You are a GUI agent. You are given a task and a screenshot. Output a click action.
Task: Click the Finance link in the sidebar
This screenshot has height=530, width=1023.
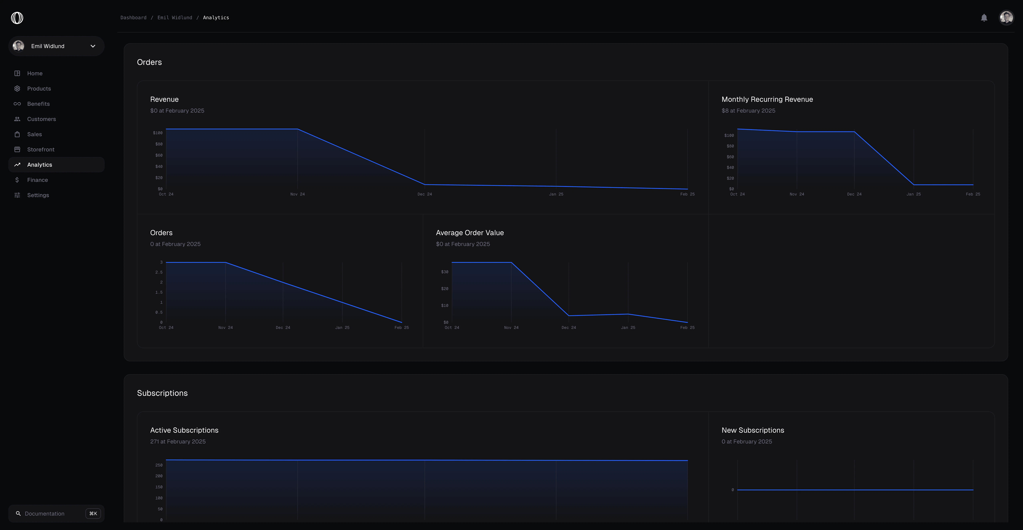click(x=37, y=180)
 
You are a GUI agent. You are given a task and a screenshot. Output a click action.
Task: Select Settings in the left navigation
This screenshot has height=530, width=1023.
click(x=38, y=195)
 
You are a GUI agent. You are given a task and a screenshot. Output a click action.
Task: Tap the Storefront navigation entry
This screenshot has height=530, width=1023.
click(x=40, y=149)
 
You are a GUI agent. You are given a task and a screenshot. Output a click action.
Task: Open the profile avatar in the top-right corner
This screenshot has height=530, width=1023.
click(x=1006, y=17)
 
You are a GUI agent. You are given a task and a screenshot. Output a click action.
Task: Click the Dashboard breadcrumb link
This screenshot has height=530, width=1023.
click(x=133, y=17)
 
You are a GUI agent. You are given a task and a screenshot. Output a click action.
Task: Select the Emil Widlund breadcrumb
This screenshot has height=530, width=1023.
click(x=175, y=17)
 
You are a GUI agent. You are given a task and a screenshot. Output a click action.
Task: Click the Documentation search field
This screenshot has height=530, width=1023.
click(x=44, y=514)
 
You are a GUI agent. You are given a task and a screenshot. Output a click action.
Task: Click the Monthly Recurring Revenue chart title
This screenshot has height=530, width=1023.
click(x=767, y=99)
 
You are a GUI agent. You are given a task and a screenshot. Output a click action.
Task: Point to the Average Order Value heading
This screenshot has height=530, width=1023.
click(x=469, y=233)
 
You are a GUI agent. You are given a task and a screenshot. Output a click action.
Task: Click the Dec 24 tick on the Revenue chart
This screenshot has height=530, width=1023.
click(x=425, y=194)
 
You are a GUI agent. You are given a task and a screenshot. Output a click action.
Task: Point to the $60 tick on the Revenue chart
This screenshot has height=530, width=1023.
click(x=159, y=155)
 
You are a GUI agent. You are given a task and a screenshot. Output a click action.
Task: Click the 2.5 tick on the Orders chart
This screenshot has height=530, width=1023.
click(x=159, y=272)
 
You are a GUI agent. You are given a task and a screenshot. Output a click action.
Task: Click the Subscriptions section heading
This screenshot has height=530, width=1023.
click(x=162, y=393)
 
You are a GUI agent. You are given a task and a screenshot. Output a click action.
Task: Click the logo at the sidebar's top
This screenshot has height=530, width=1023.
click(x=17, y=18)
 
